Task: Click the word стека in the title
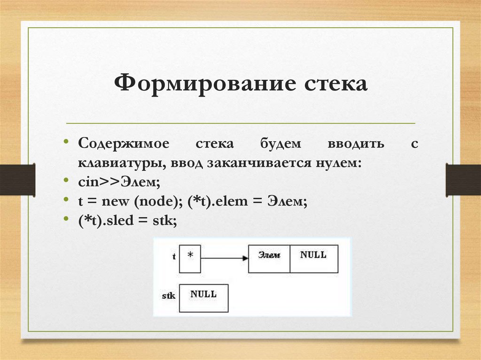(334, 85)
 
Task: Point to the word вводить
(357, 144)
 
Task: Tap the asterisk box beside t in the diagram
(190, 259)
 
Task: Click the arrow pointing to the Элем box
(224, 259)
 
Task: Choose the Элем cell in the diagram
(269, 259)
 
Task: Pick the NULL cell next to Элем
(313, 259)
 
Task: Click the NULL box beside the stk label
(203, 298)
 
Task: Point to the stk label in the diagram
(168, 296)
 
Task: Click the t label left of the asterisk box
(174, 257)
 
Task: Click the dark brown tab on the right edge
(463, 180)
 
